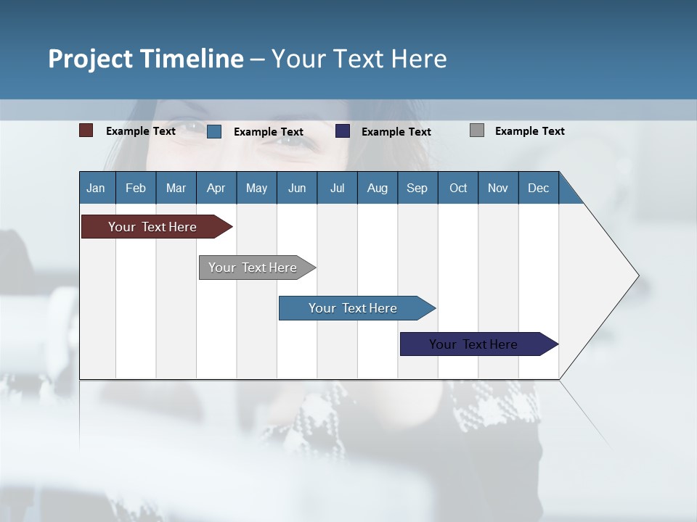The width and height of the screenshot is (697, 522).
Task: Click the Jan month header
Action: (x=96, y=188)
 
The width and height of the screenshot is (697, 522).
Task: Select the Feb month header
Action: (x=136, y=188)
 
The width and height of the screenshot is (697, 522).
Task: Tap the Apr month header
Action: (x=216, y=188)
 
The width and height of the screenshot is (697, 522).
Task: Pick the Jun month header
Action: (x=297, y=188)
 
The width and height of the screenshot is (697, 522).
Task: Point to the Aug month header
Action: (x=377, y=188)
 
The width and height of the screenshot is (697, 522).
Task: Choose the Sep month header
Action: (x=417, y=188)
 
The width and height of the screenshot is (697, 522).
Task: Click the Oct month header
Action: (x=458, y=188)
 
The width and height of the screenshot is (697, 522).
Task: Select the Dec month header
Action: (x=538, y=188)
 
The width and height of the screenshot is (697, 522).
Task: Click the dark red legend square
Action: (x=86, y=130)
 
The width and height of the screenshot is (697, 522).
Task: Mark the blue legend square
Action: (x=214, y=131)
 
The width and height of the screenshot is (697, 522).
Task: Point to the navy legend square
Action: (x=343, y=130)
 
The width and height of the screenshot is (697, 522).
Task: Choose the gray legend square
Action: (x=477, y=130)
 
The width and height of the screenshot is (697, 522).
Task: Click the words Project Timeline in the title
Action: (x=145, y=59)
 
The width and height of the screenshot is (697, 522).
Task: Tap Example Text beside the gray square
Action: (x=529, y=131)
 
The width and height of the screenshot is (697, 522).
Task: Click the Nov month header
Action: (x=498, y=188)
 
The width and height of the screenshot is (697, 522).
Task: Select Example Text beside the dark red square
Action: (x=141, y=131)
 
